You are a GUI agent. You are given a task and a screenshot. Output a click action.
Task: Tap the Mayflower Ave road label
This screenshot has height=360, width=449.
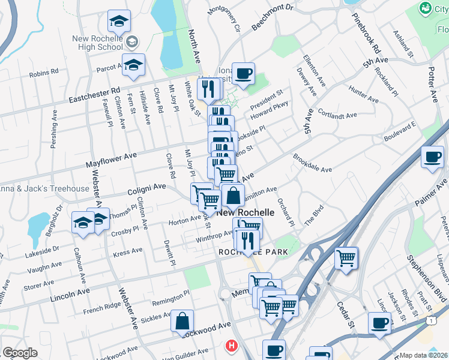point(112,160)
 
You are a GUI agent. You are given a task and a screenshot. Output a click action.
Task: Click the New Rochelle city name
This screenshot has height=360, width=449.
point(245,212)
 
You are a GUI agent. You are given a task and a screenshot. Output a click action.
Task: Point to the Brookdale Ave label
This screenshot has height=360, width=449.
point(312,163)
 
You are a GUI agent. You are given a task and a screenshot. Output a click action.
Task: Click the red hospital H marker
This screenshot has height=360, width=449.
point(231,346)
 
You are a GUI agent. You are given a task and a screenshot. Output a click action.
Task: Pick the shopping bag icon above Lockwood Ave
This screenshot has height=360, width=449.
point(182,321)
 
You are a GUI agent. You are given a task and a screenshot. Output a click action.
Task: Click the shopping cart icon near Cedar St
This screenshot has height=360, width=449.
point(346,259)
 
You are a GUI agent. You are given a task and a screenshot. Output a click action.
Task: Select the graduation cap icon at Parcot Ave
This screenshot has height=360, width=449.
point(133,67)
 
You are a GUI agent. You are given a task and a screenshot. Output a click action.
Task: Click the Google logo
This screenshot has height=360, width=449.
point(20,353)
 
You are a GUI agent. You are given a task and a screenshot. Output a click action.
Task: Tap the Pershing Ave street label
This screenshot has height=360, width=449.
point(55,125)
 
